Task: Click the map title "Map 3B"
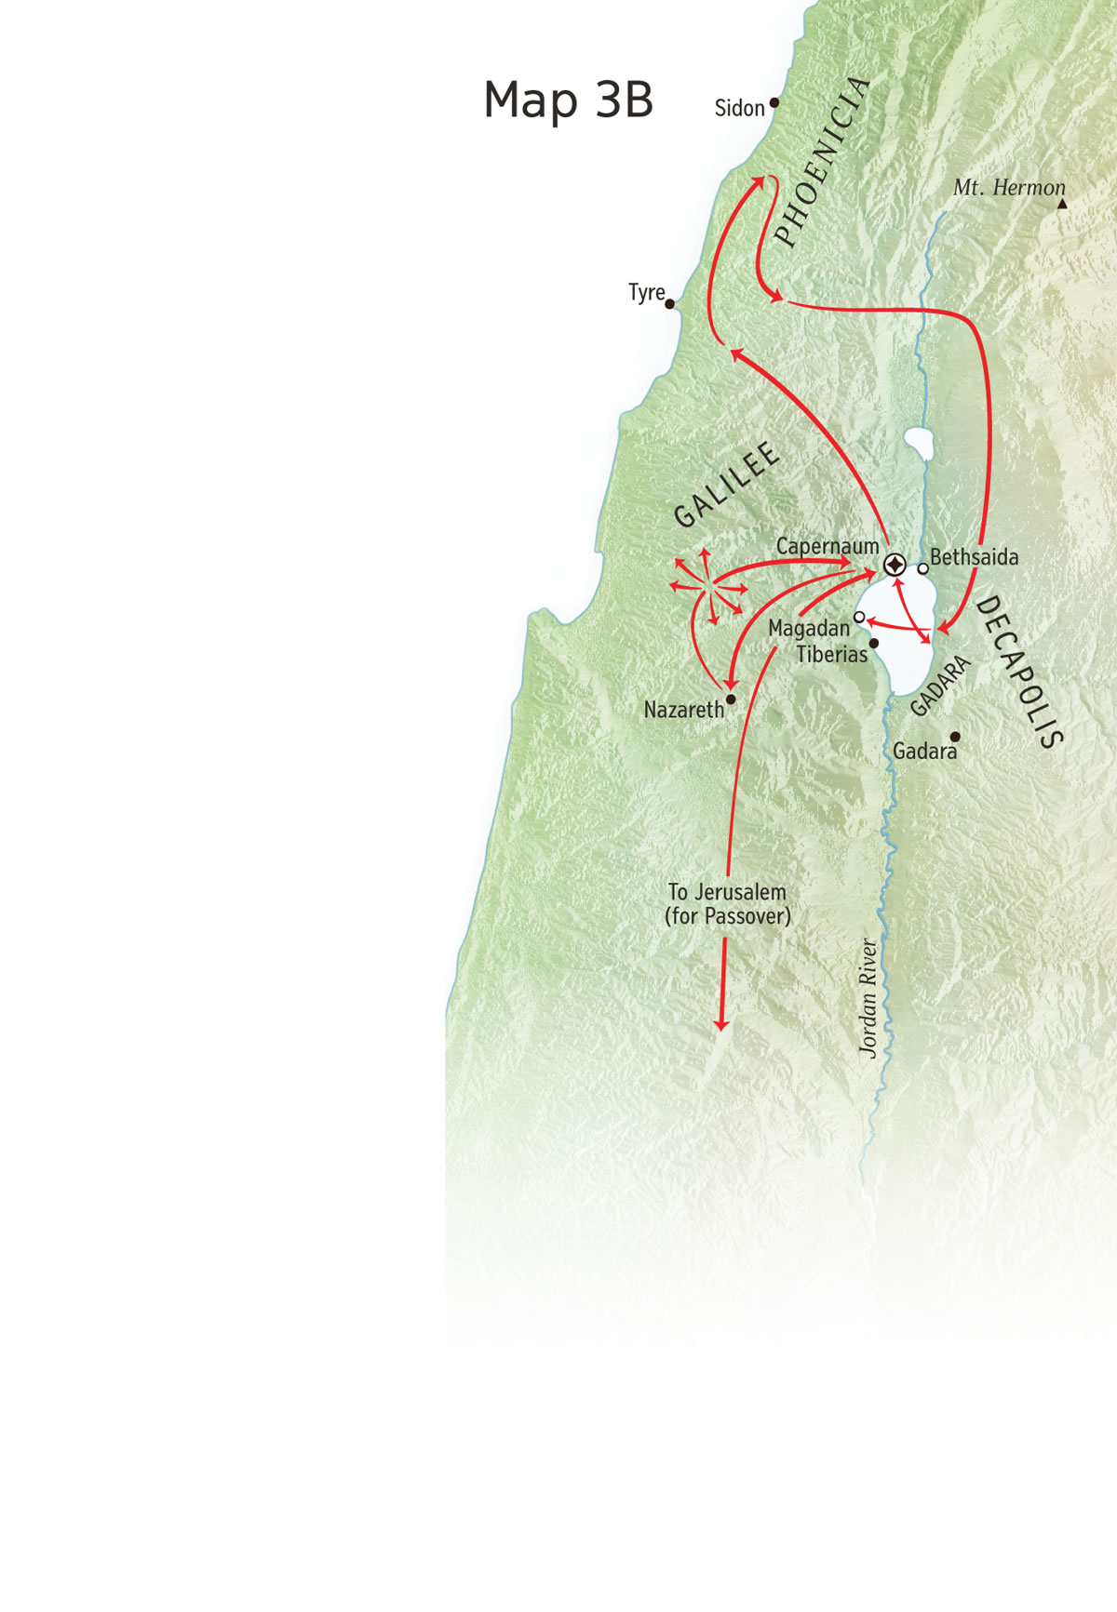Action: click(x=568, y=100)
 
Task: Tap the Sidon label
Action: click(x=739, y=108)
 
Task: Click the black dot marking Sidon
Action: click(x=774, y=103)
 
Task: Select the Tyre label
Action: click(x=646, y=292)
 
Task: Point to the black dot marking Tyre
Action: click(x=669, y=304)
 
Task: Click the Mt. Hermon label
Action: click(x=1008, y=187)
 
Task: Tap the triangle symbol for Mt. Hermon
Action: click(x=1062, y=203)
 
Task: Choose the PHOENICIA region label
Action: click(x=822, y=162)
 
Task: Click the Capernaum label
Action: click(x=827, y=546)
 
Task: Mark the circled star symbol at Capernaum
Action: click(x=895, y=565)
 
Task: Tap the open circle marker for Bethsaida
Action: click(x=922, y=568)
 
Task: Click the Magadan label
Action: click(x=808, y=629)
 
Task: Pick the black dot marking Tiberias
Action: click(x=874, y=643)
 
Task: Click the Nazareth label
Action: click(x=683, y=710)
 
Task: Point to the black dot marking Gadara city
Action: click(x=955, y=737)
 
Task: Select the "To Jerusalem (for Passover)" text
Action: click(x=727, y=904)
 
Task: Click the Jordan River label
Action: click(x=868, y=997)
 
